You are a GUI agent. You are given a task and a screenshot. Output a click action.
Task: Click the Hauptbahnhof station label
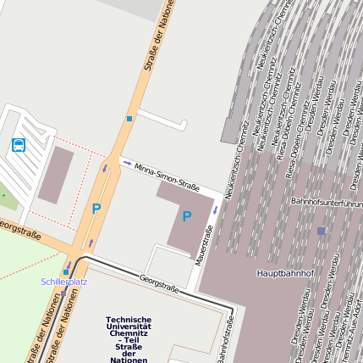coord(285,273)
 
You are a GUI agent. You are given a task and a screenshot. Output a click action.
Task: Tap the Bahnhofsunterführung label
coord(326,203)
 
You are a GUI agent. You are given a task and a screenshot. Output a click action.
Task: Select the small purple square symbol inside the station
coord(321,230)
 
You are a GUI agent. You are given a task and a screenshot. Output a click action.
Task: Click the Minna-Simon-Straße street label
coord(167,176)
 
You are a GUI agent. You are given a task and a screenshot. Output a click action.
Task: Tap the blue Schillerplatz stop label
coord(64,281)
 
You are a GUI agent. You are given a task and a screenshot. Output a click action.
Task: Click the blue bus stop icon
coord(19,145)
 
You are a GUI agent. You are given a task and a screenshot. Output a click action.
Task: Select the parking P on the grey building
coord(186,217)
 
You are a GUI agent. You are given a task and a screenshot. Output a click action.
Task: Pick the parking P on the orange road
coord(96,208)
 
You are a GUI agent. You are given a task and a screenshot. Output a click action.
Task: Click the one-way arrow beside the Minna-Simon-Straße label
coord(127,163)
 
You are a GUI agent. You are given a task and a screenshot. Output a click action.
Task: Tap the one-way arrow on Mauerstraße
coord(215,209)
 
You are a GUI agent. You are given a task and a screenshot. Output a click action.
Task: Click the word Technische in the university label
coord(129,319)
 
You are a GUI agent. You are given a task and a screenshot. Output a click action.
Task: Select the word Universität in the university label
coord(129,326)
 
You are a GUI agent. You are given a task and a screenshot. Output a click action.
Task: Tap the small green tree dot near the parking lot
coord(3,194)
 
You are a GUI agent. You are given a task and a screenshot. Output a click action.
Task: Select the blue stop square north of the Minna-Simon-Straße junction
coord(129,119)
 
